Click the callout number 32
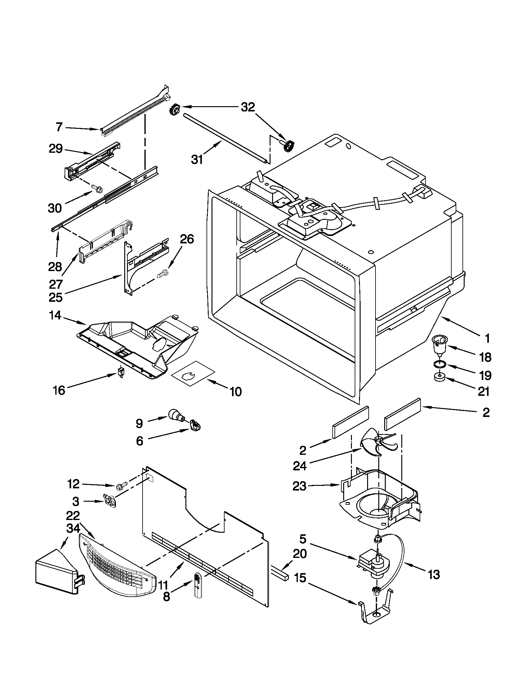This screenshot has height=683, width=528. [248, 107]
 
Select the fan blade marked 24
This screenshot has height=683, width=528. [378, 443]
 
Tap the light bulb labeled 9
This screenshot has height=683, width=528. [175, 415]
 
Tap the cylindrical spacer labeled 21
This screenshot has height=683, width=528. [439, 378]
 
